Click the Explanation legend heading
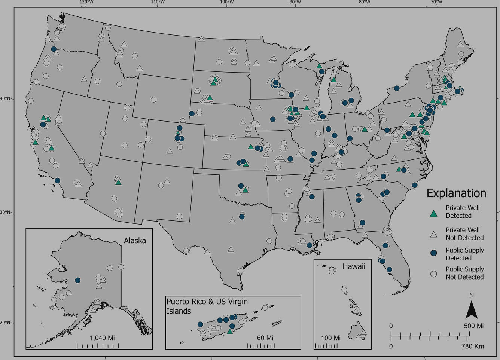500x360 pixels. pos(456,193)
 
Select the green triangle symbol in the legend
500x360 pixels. pos(433,214)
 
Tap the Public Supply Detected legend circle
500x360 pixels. pos(433,253)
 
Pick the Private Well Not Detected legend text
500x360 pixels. pos(464,234)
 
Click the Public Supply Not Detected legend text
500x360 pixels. pos(464,273)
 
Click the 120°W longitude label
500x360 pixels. pos(86,2)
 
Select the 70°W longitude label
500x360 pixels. pos(436,2)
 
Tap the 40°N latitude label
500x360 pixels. pos(5,99)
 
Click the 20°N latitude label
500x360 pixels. pos(5,323)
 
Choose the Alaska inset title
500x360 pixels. pos(135,241)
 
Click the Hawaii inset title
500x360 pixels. pos(354,266)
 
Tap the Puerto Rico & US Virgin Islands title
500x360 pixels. pos(207,306)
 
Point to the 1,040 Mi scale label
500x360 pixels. pos(102,338)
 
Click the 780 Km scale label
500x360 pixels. pos(472,346)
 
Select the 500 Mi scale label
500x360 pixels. pos(474,326)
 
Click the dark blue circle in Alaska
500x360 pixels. pos(78,280)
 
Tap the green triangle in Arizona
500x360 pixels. pos(118,182)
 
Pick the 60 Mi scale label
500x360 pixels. pos(265,338)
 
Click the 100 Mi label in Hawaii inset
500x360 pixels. pos(331,338)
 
